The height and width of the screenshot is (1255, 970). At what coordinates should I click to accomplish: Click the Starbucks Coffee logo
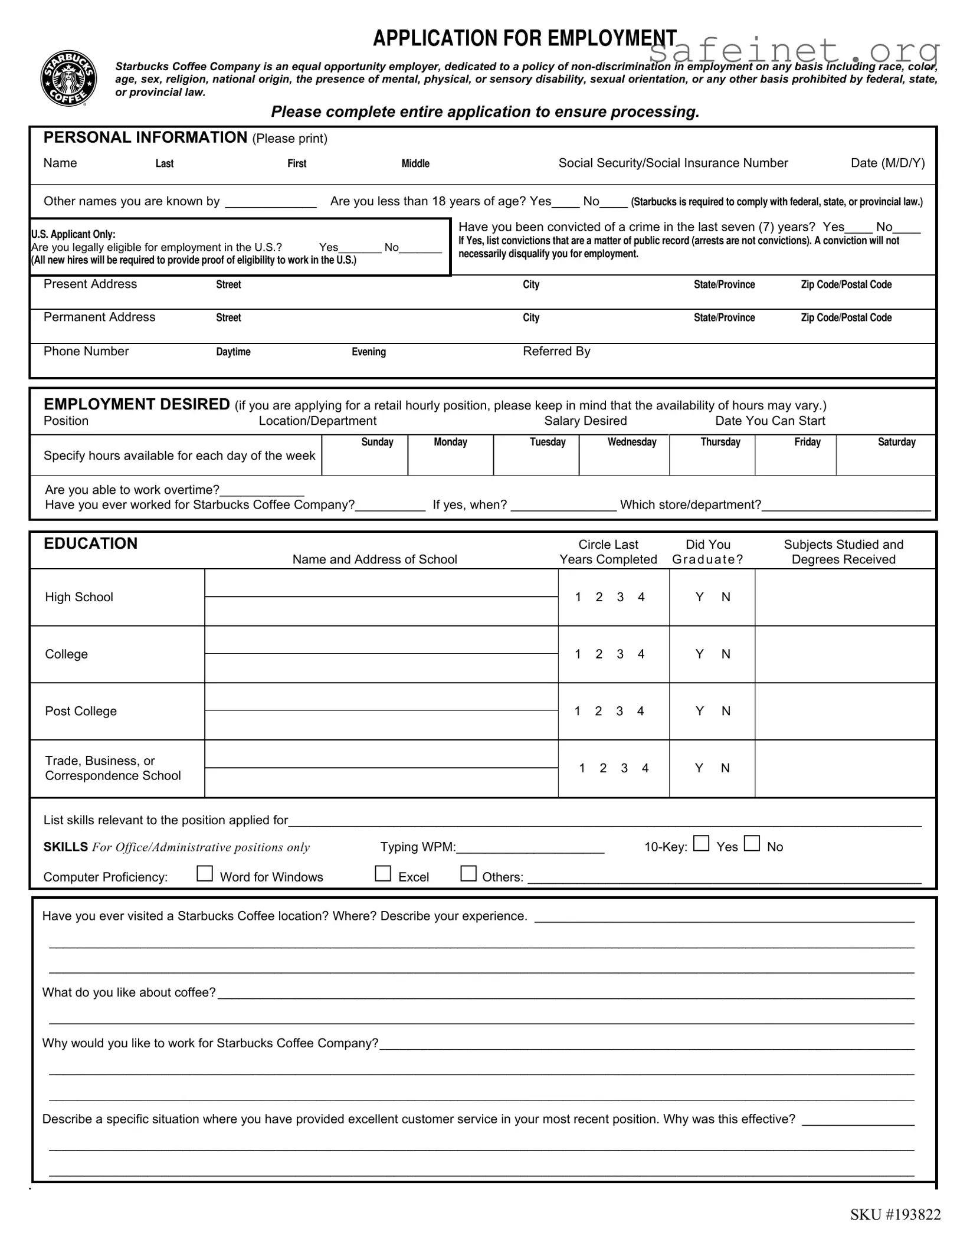coord(68,78)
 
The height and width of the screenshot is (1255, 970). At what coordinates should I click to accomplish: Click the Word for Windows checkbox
coord(204,874)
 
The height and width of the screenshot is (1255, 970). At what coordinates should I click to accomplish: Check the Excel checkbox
coord(383,874)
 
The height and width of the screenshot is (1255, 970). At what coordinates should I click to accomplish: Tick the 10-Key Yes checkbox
coord(701,843)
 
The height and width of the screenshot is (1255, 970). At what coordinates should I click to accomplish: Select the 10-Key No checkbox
coord(752,843)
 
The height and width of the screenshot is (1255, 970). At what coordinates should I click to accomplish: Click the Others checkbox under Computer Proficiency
coord(468,874)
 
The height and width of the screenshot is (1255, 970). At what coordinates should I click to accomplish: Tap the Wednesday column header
coord(632,442)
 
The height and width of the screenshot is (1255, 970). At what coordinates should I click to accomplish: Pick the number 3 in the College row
coord(620,654)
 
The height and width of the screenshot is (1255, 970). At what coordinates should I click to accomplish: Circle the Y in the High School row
coord(699,597)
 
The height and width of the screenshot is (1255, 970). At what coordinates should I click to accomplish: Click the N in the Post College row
coord(726,711)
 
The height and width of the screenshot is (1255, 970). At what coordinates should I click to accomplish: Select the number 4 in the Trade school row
coord(645,768)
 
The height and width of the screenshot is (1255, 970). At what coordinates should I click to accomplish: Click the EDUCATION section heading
coord(90,543)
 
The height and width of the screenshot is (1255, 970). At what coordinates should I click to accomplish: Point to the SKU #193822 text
coord(895,1214)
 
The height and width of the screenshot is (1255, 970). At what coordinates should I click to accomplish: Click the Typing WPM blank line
coord(530,848)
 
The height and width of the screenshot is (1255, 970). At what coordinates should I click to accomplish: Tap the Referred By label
coord(556,352)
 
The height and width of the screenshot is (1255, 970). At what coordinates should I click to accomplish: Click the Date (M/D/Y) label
coord(887,163)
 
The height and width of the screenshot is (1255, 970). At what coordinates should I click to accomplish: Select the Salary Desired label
coord(585,421)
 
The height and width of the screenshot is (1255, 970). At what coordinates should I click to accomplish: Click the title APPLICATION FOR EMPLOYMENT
coord(525,38)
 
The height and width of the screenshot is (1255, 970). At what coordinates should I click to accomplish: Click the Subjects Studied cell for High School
coord(845,597)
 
